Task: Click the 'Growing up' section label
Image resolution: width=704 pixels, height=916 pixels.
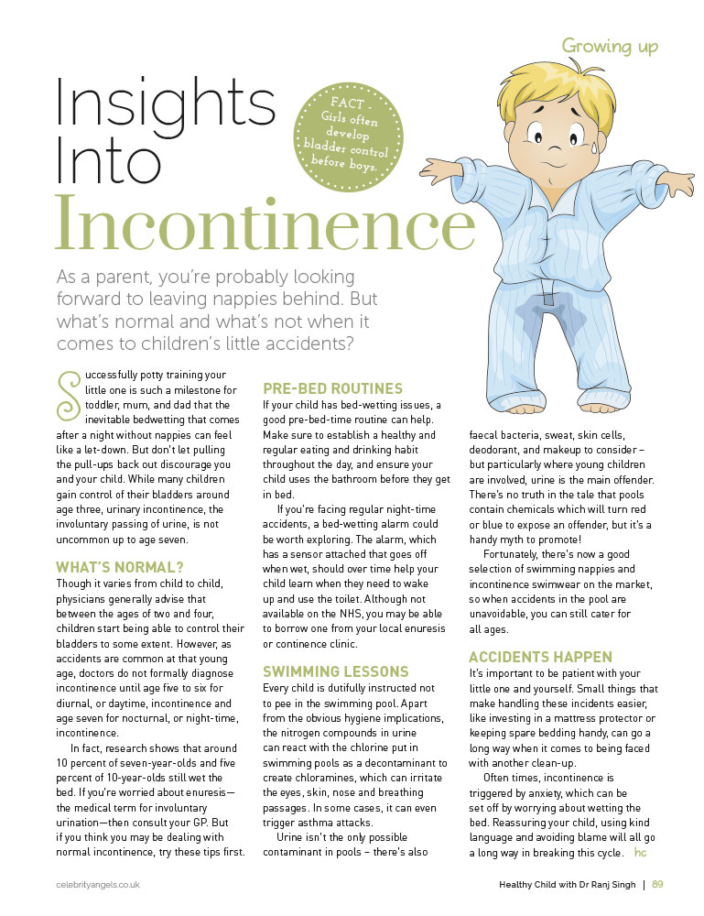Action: pyautogui.click(x=609, y=45)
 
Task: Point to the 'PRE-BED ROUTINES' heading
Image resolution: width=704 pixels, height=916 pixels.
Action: pyautogui.click(x=332, y=388)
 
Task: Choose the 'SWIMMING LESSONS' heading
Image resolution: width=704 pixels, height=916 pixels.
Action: pyautogui.click(x=334, y=671)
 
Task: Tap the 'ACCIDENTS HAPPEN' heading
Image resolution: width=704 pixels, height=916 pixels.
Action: pyautogui.click(x=540, y=657)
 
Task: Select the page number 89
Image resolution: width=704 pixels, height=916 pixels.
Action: pyautogui.click(x=657, y=884)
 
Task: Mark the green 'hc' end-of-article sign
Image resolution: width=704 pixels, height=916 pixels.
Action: pyautogui.click(x=640, y=853)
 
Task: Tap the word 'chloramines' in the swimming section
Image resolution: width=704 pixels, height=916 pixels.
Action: pyautogui.click(x=339, y=778)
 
